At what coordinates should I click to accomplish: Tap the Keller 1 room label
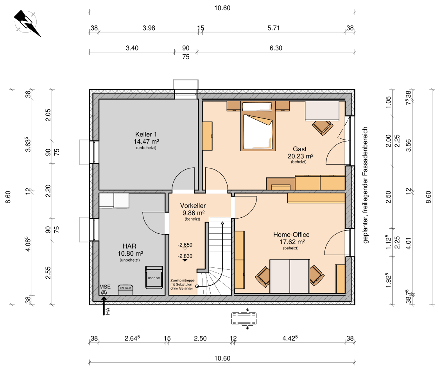click(x=146, y=134)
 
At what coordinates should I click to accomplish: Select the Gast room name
click(x=300, y=149)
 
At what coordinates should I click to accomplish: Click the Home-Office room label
click(x=291, y=235)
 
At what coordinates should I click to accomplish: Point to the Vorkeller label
click(x=193, y=206)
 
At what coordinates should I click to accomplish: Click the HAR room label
click(x=129, y=246)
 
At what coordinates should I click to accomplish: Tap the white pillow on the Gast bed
click(x=257, y=107)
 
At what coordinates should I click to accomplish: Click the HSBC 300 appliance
click(x=154, y=277)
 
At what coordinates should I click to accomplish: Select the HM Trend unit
click(x=125, y=290)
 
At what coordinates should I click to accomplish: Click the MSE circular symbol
click(x=104, y=293)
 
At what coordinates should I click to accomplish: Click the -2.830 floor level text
click(x=185, y=256)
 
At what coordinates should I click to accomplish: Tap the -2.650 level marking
click(x=185, y=245)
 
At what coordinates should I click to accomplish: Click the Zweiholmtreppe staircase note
click(x=182, y=284)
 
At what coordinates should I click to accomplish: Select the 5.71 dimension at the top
click(x=274, y=28)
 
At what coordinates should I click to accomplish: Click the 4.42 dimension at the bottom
click(x=290, y=338)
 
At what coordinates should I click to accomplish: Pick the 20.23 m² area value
click(x=300, y=156)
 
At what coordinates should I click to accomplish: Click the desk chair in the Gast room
click(x=323, y=127)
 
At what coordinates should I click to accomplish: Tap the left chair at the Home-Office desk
click(x=263, y=277)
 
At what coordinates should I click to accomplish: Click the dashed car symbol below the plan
click(x=244, y=319)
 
